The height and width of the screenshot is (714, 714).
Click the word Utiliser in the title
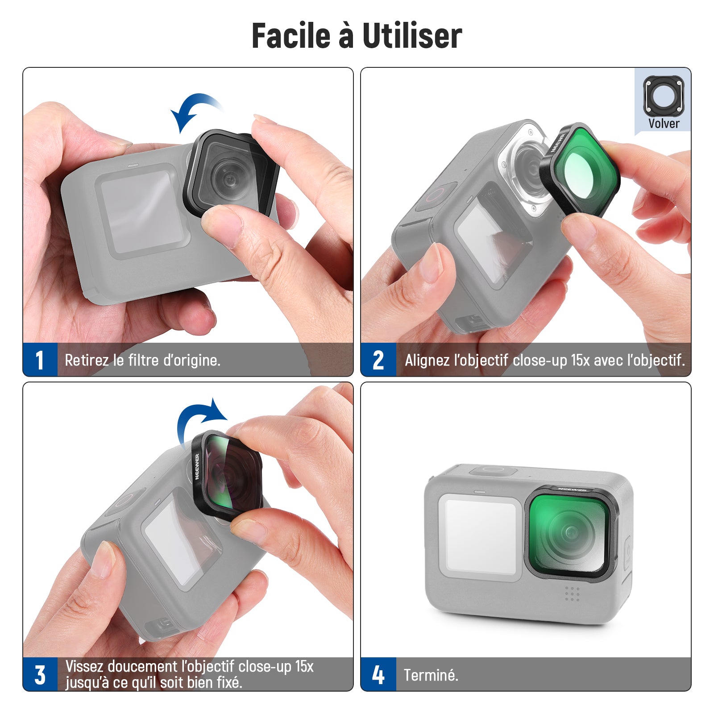(x=412, y=35)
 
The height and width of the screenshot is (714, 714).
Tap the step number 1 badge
(x=40, y=360)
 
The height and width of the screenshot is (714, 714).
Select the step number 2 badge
(x=378, y=360)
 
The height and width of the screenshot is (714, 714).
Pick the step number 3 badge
(x=40, y=674)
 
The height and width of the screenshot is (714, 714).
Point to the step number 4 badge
(x=378, y=674)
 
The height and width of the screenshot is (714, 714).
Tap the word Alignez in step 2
(x=427, y=360)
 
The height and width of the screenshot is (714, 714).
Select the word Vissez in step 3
(x=84, y=666)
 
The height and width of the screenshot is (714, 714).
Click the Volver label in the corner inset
(x=664, y=123)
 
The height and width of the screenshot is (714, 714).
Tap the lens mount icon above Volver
(x=663, y=95)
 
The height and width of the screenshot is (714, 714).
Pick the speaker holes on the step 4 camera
(x=572, y=594)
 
